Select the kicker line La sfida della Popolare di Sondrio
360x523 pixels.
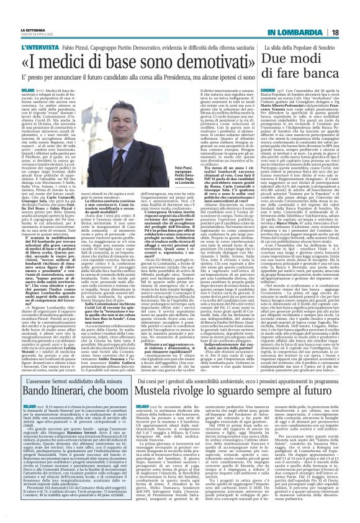point(296,29)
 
